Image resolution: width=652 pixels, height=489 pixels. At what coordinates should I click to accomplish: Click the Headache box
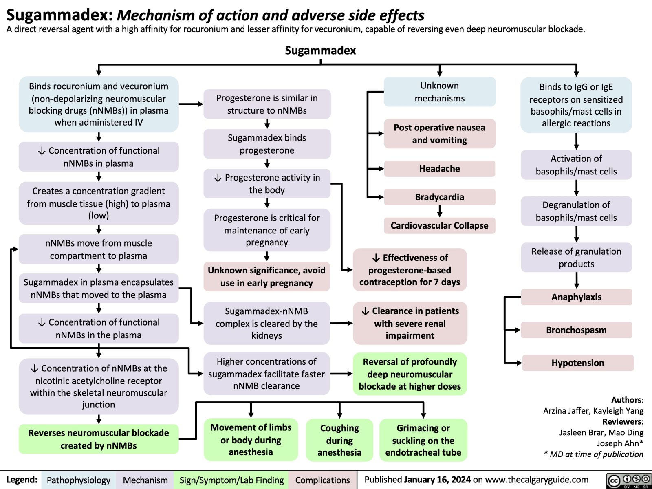(439, 169)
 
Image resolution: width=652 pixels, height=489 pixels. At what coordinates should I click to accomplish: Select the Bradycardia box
(439, 197)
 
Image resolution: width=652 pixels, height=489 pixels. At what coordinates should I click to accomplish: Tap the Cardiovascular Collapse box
(439, 226)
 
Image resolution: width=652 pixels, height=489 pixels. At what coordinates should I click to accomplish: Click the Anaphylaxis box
(576, 297)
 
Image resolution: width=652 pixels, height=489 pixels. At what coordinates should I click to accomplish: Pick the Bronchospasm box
(576, 330)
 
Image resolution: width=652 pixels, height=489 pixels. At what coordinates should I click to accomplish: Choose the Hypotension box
(577, 363)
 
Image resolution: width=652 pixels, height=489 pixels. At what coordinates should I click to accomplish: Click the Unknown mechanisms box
(439, 92)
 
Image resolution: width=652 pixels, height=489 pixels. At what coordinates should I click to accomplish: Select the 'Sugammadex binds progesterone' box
(267, 144)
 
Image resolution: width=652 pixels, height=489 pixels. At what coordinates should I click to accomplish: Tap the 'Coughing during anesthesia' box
(339, 440)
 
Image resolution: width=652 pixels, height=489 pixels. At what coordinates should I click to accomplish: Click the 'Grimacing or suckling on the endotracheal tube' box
(423, 440)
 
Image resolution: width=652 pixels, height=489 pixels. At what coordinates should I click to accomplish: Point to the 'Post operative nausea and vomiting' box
(439, 134)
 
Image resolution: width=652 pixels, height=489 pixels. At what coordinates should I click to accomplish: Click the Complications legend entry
(322, 480)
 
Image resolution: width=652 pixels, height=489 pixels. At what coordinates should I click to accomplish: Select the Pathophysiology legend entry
(78, 480)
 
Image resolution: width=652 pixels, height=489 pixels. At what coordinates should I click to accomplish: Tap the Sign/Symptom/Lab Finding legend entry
(231, 480)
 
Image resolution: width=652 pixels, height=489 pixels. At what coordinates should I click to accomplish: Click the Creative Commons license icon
(628, 480)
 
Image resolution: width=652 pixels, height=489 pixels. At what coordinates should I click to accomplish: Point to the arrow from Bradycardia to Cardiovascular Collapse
(439, 211)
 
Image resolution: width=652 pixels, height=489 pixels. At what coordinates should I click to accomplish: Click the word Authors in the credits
(626, 400)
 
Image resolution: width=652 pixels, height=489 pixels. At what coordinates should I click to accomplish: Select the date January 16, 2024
(437, 480)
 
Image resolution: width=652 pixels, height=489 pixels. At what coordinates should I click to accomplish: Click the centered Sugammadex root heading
(320, 51)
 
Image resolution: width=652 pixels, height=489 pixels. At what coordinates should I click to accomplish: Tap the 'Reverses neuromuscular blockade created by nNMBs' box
(99, 439)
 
